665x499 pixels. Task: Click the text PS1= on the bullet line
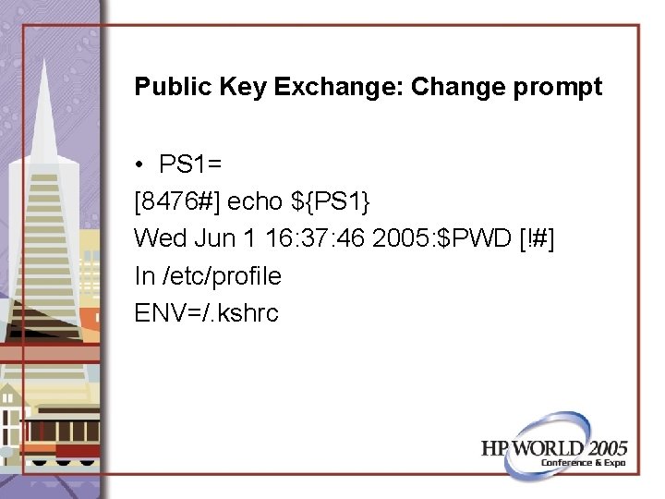tap(189, 164)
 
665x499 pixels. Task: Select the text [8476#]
tap(177, 201)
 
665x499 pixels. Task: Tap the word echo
tap(255, 201)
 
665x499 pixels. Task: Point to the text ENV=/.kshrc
tap(206, 312)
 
